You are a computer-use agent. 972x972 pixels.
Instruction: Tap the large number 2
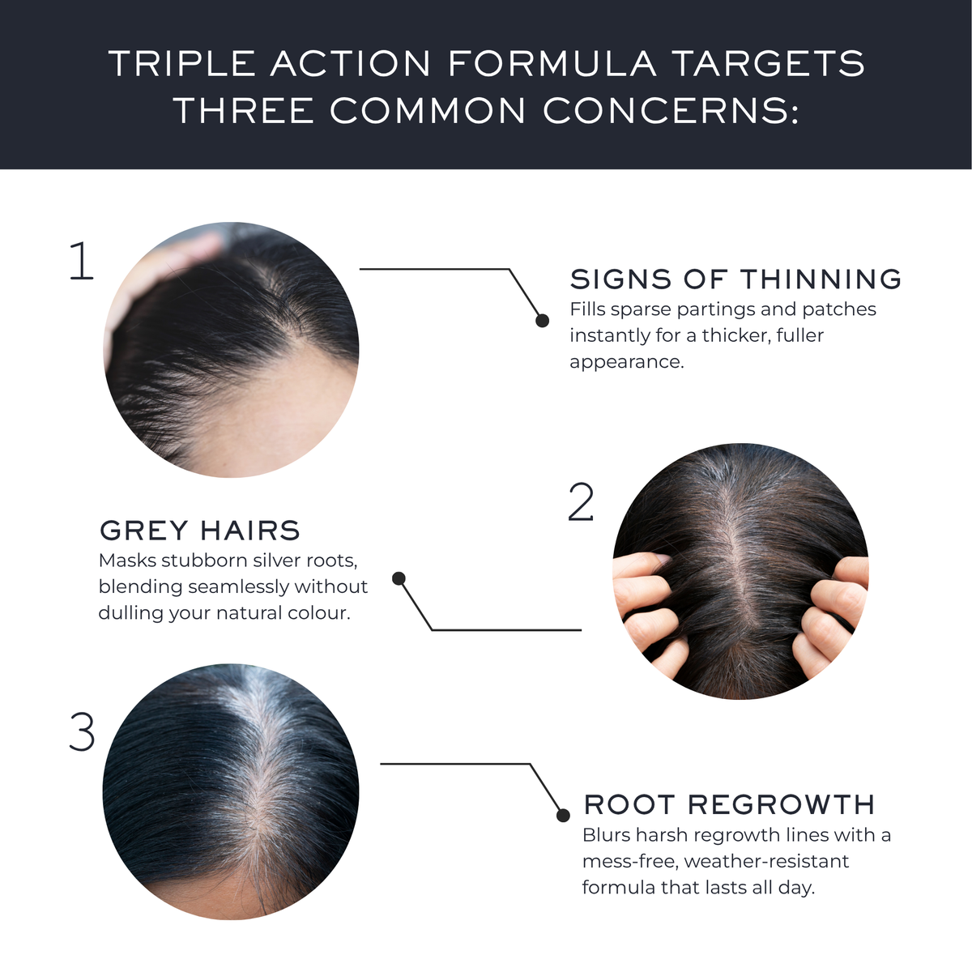tap(581, 501)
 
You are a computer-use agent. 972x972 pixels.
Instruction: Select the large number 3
tap(83, 732)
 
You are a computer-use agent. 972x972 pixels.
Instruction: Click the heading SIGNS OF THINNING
tap(735, 279)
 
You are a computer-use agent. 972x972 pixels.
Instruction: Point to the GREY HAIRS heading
tap(200, 530)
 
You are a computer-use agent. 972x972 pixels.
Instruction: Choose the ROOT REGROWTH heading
tap(729, 804)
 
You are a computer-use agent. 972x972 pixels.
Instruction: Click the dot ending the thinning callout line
tap(542, 320)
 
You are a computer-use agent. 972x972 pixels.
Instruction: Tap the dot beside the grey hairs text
tap(399, 578)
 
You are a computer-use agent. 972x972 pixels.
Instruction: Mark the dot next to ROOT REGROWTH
tap(563, 815)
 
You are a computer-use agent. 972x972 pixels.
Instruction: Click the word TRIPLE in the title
tap(182, 63)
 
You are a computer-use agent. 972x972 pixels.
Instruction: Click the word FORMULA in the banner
tap(552, 63)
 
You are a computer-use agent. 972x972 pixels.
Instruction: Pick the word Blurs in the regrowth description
tap(606, 835)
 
